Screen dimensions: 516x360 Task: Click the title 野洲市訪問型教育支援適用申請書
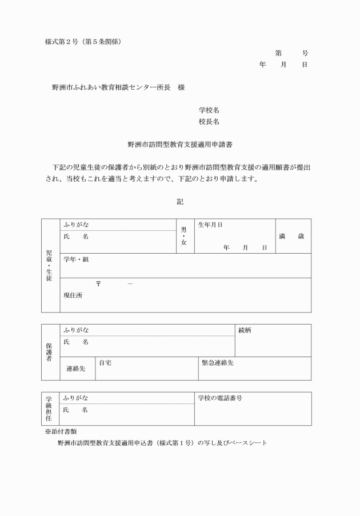click(180, 146)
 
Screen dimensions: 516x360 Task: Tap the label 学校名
click(209, 110)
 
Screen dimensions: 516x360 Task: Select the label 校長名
click(209, 122)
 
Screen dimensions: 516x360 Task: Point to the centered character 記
click(180, 202)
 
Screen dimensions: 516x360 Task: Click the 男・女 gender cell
click(184, 235)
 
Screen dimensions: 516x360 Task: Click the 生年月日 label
click(210, 225)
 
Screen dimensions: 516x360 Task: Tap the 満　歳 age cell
click(292, 236)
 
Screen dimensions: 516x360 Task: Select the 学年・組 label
click(76, 259)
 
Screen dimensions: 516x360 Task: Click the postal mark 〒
click(99, 285)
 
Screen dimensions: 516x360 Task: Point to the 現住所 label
click(73, 295)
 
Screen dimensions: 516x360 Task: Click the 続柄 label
click(244, 330)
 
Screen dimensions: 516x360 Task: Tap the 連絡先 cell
click(76, 369)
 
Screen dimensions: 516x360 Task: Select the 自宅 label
click(105, 362)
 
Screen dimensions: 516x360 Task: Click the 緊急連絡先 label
click(218, 362)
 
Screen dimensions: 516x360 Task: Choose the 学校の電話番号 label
click(220, 398)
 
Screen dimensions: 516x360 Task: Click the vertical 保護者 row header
click(49, 352)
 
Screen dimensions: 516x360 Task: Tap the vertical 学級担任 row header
click(49, 409)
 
